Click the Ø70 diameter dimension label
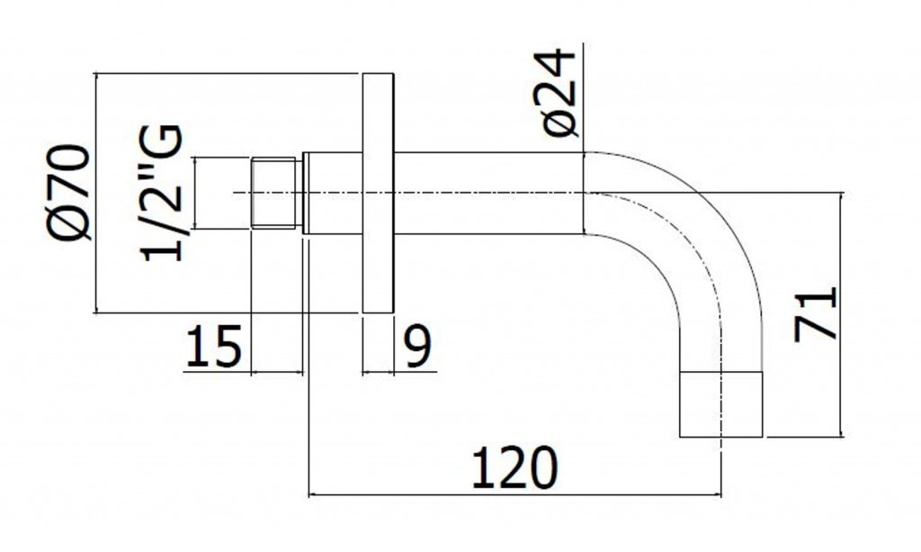pos(68,193)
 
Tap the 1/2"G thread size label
pos(161,194)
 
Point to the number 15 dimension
pos(213,347)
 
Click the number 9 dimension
pos(418,347)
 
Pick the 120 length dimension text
pos(514,468)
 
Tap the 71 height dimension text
pos(815,313)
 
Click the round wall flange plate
pos(378,193)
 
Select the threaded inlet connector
pos(273,193)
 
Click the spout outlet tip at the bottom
pos(720,404)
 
